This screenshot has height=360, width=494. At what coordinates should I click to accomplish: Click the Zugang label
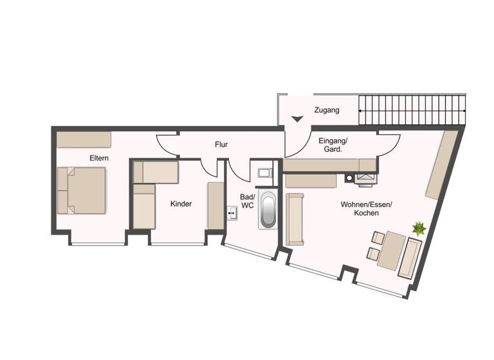click(326, 111)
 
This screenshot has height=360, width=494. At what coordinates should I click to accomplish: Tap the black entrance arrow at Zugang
click(297, 119)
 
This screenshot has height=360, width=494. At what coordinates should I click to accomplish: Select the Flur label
click(221, 145)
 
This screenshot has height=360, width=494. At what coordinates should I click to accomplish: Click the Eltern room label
click(99, 157)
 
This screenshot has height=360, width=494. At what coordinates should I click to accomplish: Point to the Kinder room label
click(181, 204)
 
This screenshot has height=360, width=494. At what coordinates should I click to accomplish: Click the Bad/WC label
click(248, 201)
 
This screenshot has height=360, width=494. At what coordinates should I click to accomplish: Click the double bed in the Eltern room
click(82, 190)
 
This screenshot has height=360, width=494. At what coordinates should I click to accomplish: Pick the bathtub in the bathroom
click(267, 210)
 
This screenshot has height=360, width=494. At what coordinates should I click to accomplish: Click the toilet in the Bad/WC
click(264, 172)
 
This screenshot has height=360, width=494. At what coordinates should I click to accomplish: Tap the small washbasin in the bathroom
click(232, 212)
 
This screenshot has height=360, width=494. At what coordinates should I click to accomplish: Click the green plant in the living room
click(419, 228)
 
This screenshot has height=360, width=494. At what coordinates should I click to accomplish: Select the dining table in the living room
click(391, 251)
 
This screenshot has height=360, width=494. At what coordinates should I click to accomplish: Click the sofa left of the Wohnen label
click(295, 219)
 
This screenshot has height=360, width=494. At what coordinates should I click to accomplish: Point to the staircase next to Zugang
click(411, 111)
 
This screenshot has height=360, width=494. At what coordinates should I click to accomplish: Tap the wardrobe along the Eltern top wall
click(84, 139)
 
